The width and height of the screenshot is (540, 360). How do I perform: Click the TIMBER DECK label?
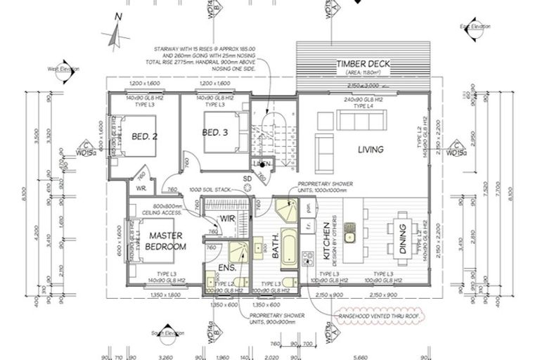coord(363,63)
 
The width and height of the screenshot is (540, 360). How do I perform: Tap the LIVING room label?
coord(370,149)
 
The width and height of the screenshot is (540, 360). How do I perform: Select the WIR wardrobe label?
coord(226,218)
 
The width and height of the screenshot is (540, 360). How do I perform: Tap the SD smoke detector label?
coord(247,178)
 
